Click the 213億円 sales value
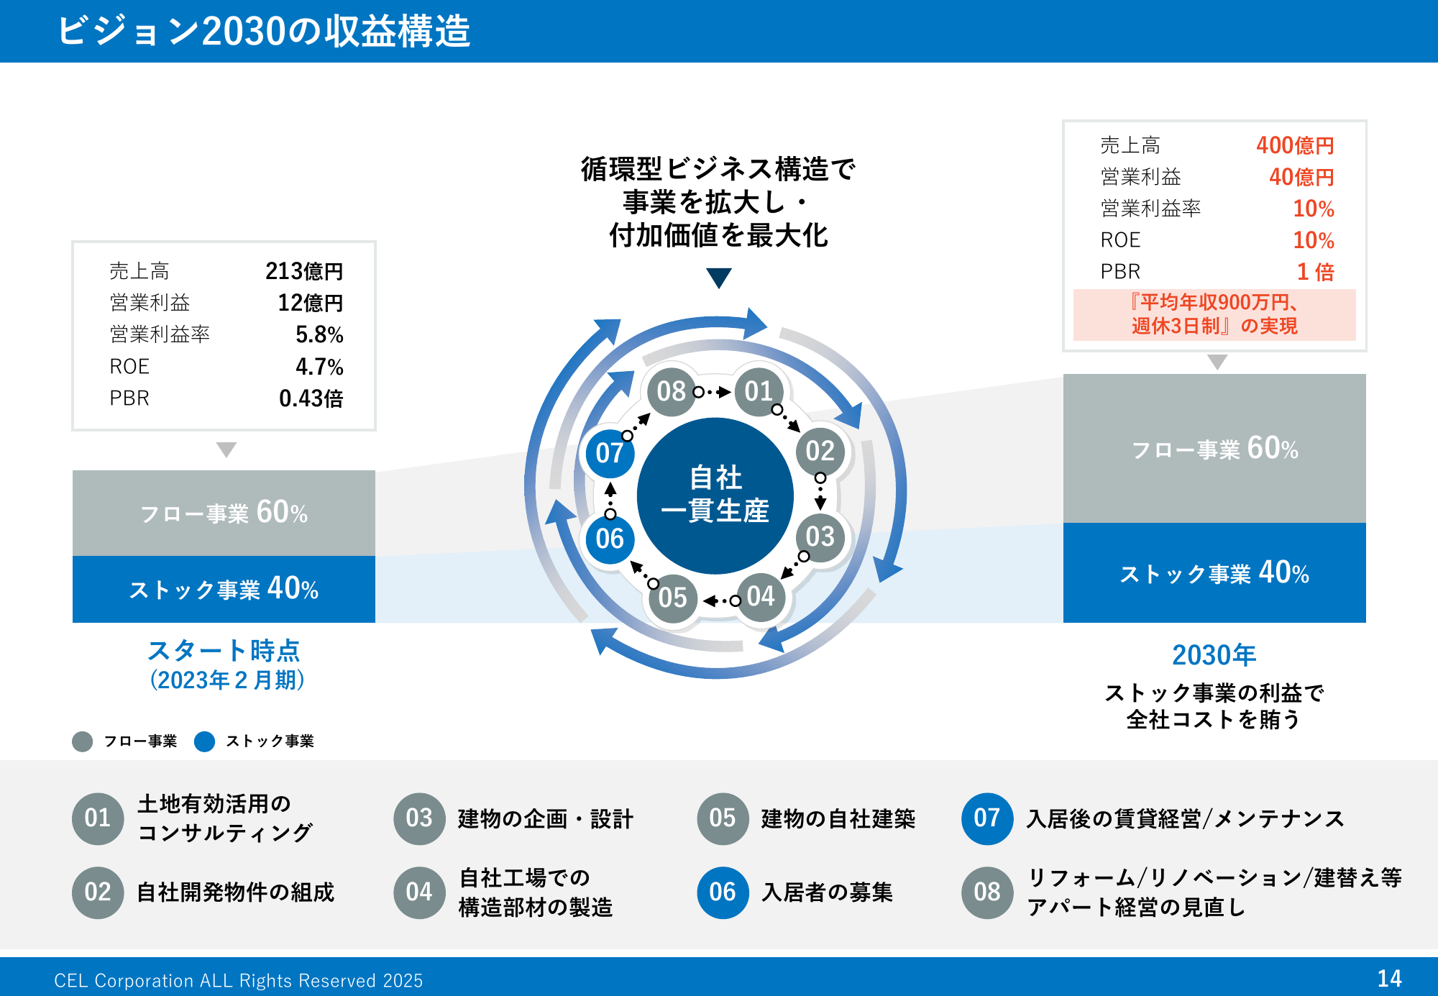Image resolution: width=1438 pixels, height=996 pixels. [304, 271]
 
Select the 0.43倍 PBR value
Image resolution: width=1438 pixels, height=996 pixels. [311, 398]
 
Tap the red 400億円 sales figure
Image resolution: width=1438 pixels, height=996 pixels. [1295, 145]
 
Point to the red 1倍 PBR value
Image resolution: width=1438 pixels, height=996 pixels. [1315, 272]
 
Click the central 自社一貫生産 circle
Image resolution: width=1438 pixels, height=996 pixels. [715, 495]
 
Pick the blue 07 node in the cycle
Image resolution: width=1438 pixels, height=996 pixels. [610, 453]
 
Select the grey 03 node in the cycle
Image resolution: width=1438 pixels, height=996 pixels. [820, 536]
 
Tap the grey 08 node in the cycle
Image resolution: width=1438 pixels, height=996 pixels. [671, 391]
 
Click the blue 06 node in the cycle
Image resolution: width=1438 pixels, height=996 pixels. [610, 539]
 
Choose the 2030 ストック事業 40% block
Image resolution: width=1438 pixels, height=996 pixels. [1214, 572]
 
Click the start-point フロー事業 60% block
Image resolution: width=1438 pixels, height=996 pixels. [224, 513]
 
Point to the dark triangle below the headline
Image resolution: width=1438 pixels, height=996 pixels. [718, 278]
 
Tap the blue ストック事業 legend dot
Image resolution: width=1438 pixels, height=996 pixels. [205, 741]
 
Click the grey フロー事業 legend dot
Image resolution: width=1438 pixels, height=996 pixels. [83, 741]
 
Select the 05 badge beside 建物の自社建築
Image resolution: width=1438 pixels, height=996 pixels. [723, 818]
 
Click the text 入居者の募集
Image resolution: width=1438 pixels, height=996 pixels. [828, 892]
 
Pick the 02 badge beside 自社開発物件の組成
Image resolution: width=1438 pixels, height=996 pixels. [98, 892]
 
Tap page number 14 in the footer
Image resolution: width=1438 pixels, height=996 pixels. [1389, 978]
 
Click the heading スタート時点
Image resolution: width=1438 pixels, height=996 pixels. [224, 650]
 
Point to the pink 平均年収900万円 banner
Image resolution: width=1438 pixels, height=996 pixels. [1214, 314]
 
